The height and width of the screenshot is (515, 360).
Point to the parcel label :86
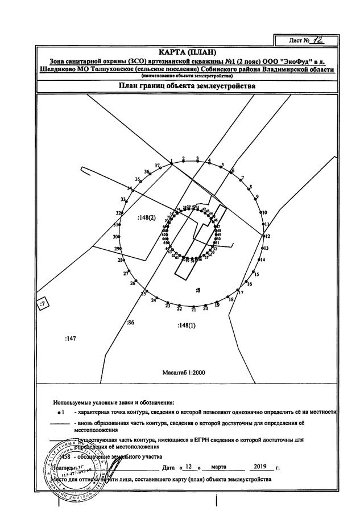click(x=130, y=323)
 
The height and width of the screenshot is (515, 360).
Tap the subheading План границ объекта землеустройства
click(x=187, y=86)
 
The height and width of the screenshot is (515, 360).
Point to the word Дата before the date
click(x=168, y=467)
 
